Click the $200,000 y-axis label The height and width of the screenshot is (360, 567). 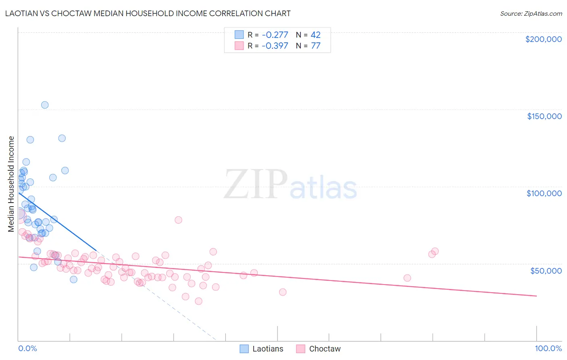coord(543,39)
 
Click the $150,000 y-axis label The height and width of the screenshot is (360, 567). coord(544,116)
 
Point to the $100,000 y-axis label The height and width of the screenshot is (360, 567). coord(544,193)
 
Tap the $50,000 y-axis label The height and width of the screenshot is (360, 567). coord(546,270)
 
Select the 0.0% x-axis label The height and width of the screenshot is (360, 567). coord(27,348)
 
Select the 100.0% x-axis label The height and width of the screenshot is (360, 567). coord(548,348)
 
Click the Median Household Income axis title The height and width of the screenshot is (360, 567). coord(11,184)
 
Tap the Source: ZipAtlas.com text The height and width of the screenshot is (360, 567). coord(531,13)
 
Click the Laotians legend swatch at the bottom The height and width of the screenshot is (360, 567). coord(244,349)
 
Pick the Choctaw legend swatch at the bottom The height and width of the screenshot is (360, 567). coord(300,349)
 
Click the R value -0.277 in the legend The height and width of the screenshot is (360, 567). coord(275,35)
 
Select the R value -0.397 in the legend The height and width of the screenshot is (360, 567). coord(275,46)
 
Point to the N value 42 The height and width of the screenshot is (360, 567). coord(315,35)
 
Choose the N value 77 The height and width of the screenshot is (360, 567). coord(315,46)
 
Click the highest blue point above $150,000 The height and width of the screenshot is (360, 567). coord(45,105)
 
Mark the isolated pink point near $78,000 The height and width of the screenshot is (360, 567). coord(178,220)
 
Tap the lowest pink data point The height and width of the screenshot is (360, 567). coord(198,301)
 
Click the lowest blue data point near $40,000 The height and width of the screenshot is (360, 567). coord(73,279)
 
